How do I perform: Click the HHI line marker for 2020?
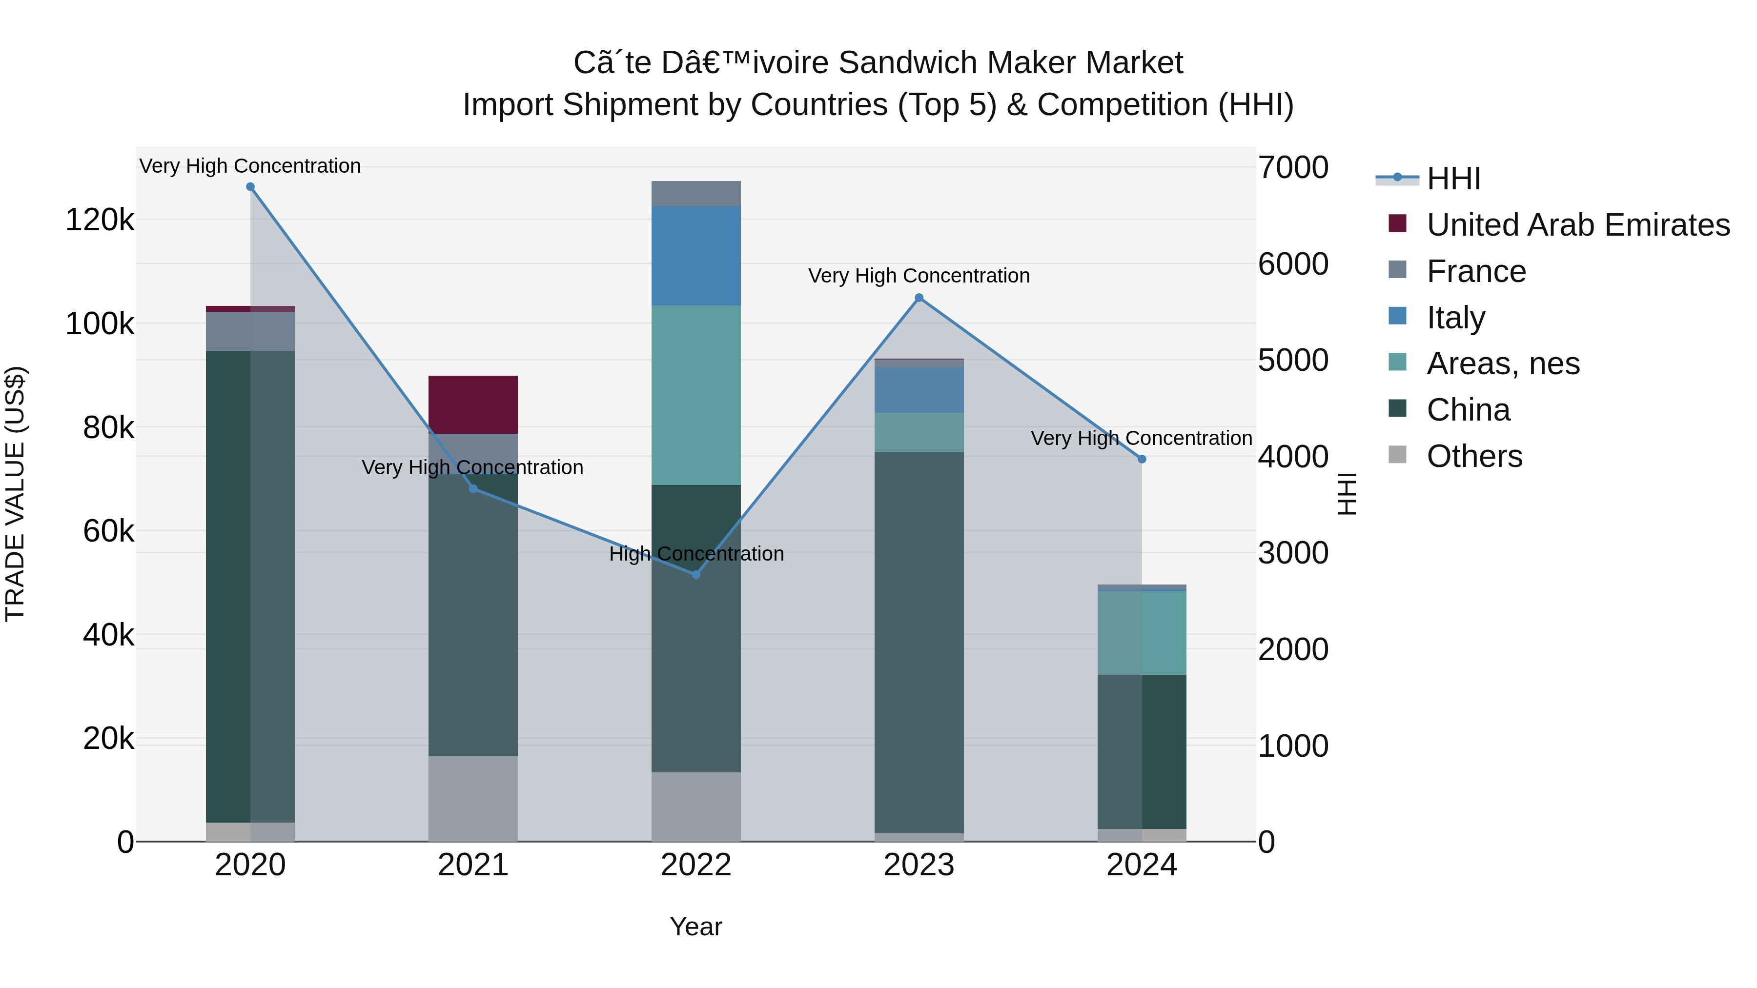[250, 187]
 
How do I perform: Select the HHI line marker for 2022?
[695, 575]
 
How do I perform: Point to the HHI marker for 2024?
[1142, 460]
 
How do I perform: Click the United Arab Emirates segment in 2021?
[472, 404]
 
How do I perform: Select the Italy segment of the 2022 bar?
[695, 256]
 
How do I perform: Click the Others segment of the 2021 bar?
[472, 798]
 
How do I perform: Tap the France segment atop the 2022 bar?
[695, 194]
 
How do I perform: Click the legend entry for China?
[1468, 410]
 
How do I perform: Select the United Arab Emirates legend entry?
[1577, 225]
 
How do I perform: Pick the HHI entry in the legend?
[1453, 179]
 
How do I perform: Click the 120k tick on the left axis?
[100, 220]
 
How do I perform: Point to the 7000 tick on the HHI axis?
[1292, 168]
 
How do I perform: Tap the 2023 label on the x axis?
[919, 865]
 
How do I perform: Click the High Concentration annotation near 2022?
[695, 554]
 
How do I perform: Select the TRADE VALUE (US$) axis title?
[15, 494]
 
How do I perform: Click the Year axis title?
[695, 927]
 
